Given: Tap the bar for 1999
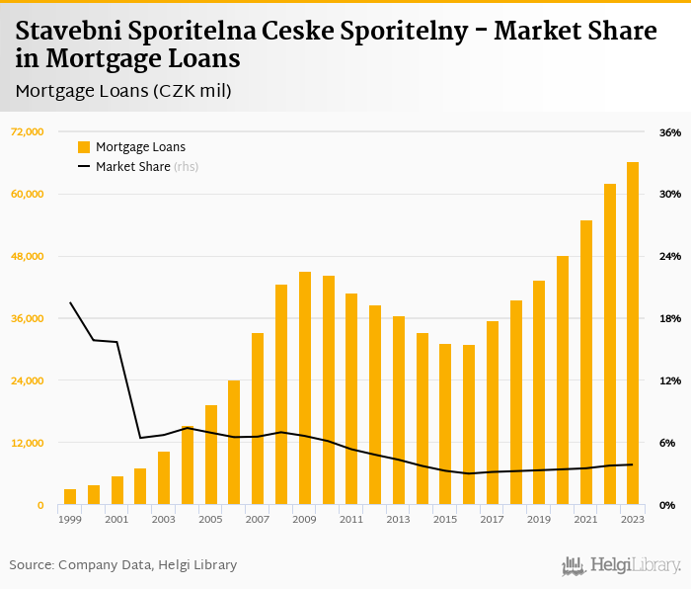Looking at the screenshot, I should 70,496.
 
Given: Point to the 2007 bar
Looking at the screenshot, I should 258,419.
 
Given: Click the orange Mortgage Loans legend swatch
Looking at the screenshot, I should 84,147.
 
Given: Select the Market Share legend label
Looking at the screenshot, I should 132,167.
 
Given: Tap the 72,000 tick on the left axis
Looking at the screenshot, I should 28,131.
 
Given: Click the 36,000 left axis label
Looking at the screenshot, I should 28,318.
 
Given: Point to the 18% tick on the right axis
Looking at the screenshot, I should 670,318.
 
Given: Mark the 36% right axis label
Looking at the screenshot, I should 670,132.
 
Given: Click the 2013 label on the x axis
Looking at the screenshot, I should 398,519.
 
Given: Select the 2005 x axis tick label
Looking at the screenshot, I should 210,519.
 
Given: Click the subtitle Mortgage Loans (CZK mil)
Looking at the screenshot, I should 123,91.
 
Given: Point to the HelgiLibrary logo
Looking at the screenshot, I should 621,565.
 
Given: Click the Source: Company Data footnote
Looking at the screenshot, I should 123,565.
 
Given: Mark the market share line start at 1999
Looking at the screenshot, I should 70,302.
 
